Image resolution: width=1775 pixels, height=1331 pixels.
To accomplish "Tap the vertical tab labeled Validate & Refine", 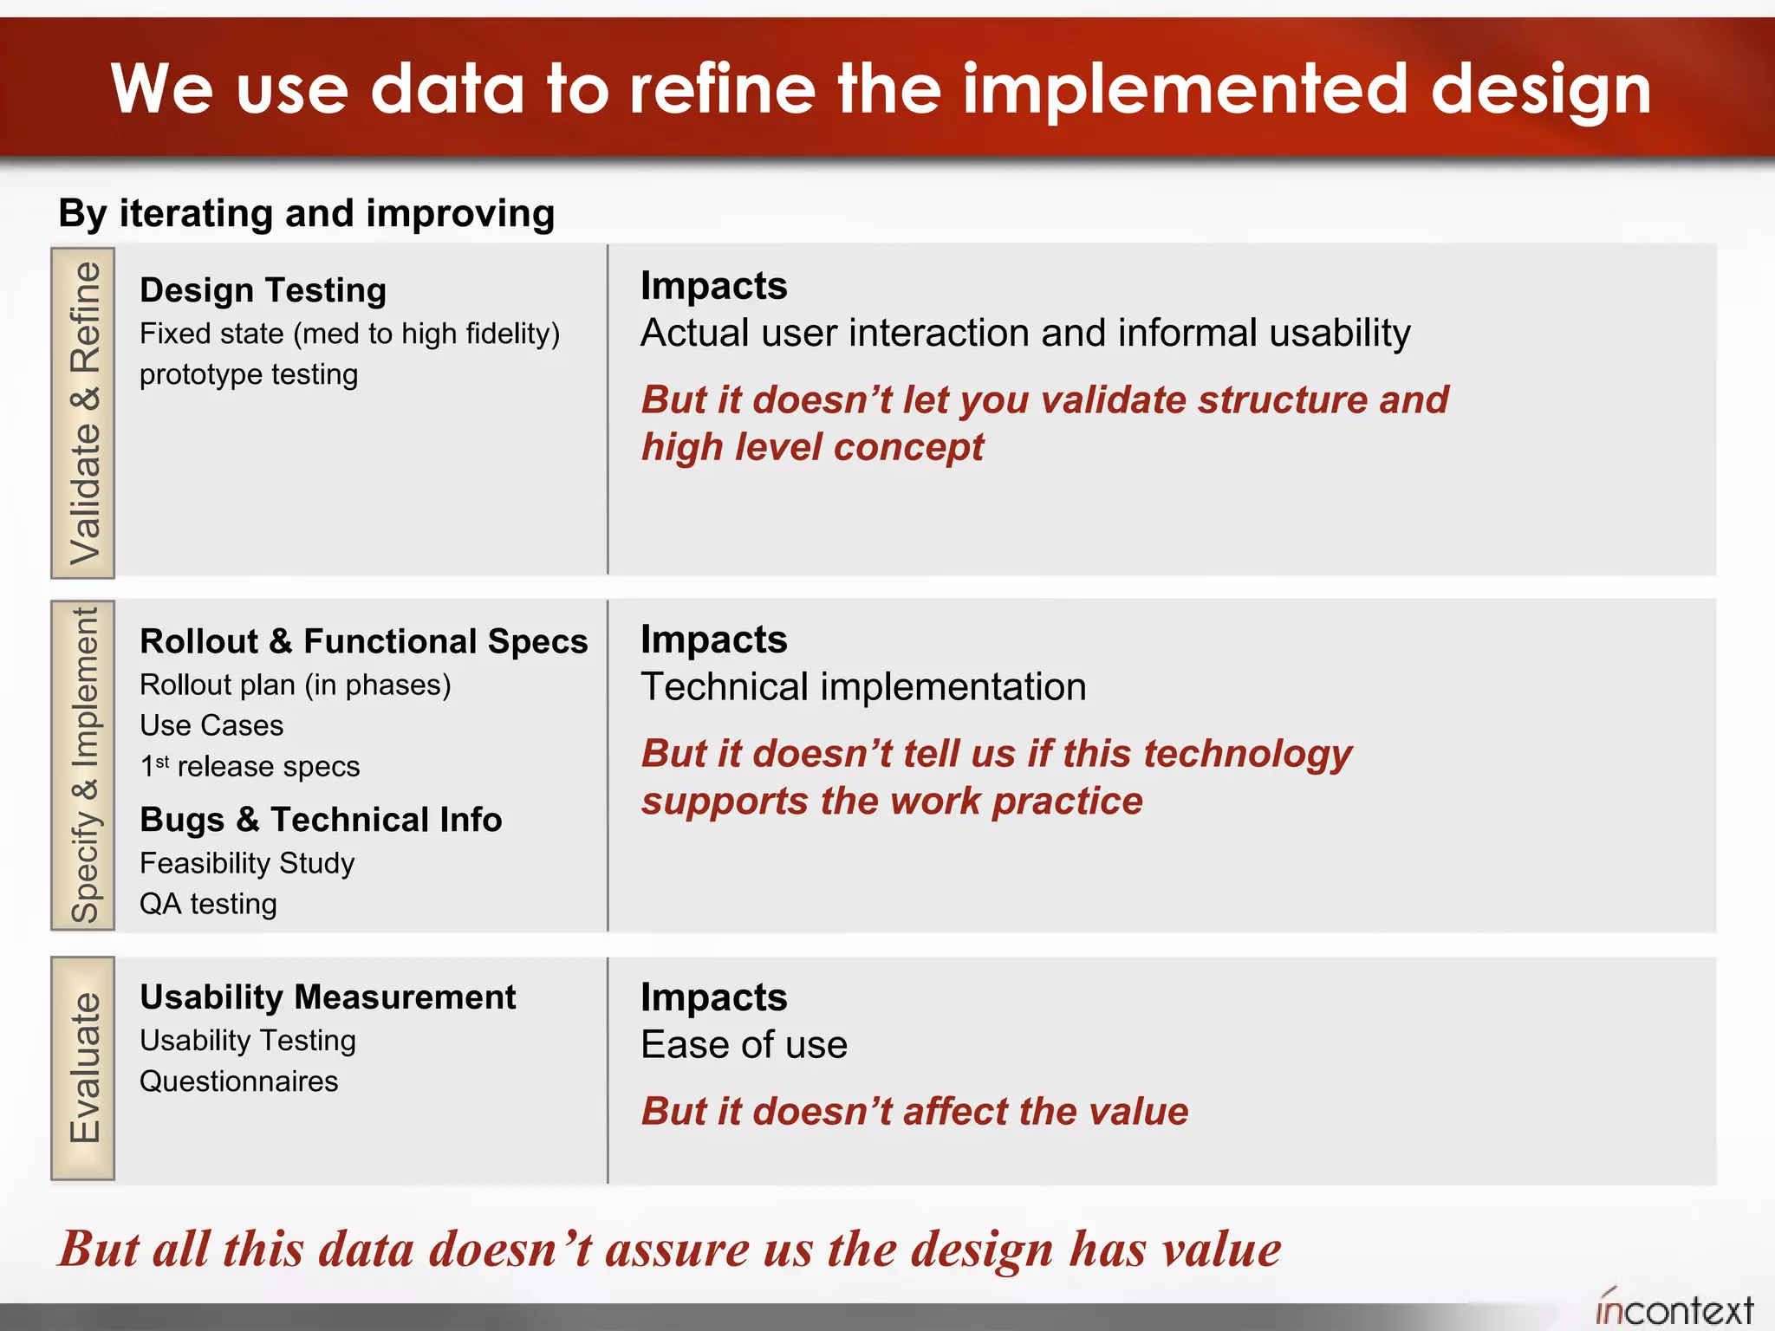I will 83,412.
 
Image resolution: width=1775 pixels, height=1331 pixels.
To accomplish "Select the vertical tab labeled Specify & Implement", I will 83,765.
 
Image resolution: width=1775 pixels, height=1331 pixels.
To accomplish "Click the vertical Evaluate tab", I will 83,1068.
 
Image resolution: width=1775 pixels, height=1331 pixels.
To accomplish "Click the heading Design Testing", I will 263,290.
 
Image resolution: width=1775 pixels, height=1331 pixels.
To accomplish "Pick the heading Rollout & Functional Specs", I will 363,641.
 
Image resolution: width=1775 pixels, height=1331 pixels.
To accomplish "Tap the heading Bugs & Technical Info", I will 321,820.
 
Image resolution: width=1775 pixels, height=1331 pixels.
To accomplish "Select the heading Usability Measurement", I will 328,997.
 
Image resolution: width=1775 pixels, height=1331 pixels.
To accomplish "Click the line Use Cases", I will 211,725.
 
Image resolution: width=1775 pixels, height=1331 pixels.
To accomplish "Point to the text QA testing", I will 208,904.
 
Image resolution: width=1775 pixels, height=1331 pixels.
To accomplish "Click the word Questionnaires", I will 238,1081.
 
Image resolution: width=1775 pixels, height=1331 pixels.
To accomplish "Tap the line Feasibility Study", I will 247,863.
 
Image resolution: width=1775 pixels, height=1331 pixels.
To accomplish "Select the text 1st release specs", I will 250,767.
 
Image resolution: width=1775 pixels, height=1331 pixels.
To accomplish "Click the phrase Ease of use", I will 744,1045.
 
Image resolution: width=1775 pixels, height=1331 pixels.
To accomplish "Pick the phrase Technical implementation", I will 863,687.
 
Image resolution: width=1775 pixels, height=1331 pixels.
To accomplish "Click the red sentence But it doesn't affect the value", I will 914,1112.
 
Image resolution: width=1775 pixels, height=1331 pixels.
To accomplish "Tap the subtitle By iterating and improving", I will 306,213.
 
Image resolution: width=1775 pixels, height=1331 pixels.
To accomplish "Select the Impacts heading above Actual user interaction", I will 713,286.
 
